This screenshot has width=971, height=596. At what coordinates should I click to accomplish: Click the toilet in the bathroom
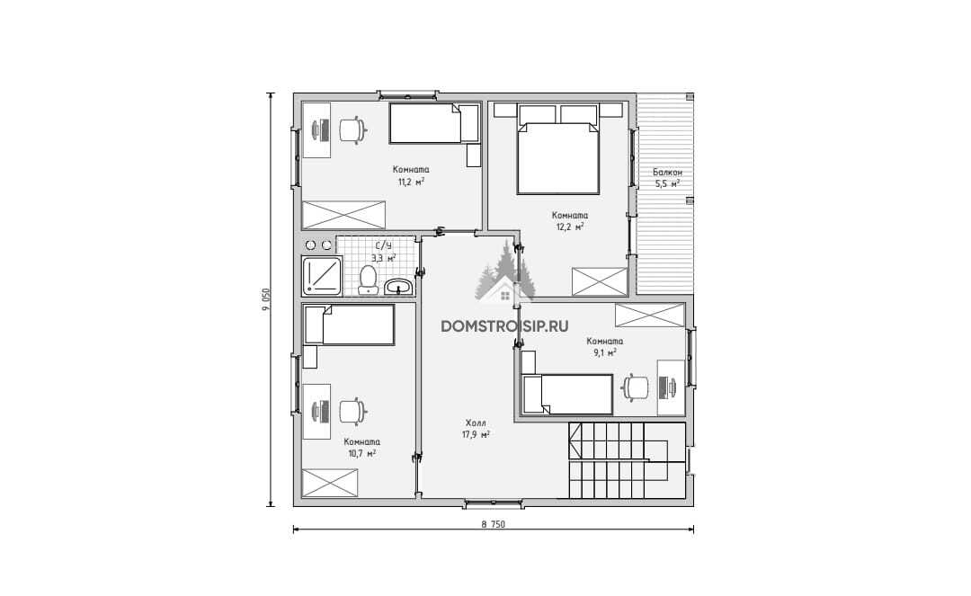pos(368,280)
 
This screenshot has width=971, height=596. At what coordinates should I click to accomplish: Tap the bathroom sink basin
pos(399,287)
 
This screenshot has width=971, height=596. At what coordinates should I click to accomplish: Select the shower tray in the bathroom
pos(321,275)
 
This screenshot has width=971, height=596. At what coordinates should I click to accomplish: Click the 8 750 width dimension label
pos(493,524)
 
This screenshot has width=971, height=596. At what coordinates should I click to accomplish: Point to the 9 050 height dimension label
pos(267,300)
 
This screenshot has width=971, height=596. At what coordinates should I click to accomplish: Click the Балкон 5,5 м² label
pos(667,178)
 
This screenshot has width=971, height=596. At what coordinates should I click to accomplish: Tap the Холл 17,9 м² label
pos(476,428)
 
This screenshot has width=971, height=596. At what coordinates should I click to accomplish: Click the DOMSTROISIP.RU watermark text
pos(504,326)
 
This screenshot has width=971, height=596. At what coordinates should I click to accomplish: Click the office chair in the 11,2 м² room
pos(353,130)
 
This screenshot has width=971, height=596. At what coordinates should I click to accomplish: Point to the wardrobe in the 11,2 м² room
pos(343,215)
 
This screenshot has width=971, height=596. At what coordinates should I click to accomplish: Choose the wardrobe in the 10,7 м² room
pos(329,483)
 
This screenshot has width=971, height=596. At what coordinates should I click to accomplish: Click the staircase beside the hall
pos(627,460)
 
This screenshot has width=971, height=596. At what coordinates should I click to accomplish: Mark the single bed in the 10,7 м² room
pos(349,325)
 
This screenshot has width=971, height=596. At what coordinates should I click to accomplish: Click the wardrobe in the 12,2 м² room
pos(600,281)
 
